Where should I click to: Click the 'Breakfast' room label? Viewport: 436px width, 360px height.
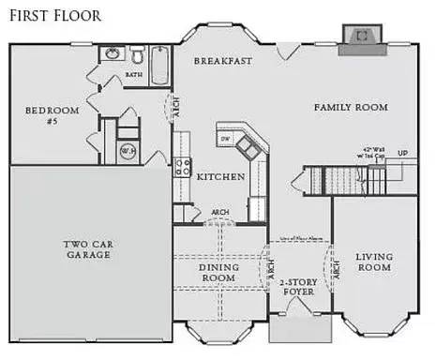[222, 61]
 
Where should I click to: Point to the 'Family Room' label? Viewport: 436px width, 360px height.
[350, 108]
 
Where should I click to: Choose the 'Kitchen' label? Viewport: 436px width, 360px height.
[220, 176]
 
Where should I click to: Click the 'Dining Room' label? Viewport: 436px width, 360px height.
[218, 273]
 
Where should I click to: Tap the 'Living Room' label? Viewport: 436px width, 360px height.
[374, 262]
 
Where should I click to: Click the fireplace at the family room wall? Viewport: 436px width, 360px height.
[357, 36]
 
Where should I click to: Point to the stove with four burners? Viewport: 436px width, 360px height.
[181, 169]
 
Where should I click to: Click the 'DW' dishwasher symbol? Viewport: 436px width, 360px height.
[225, 139]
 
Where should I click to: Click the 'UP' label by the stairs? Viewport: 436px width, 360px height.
[402, 152]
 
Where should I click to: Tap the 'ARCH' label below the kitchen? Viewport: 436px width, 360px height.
[220, 213]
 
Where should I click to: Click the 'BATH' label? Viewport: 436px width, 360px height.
[134, 74]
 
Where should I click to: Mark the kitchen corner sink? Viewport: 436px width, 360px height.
[247, 144]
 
